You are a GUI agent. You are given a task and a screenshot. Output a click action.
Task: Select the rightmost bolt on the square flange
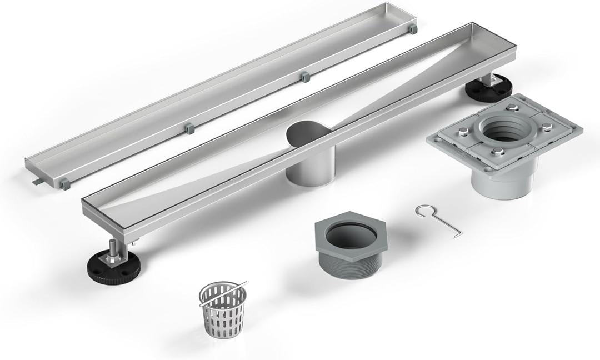pos(547,126)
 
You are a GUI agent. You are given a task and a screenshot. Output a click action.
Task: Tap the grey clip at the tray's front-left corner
pos(64,182)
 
